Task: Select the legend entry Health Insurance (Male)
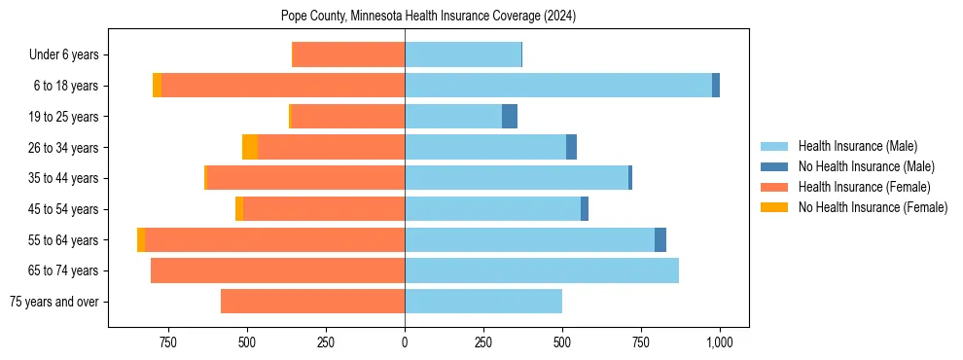[x=857, y=146]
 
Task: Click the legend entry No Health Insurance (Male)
[x=866, y=166]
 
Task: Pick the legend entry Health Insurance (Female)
[x=864, y=187]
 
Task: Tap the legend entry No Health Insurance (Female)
[x=873, y=207]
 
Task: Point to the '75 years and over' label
[x=53, y=302]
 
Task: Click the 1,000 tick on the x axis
[x=720, y=342]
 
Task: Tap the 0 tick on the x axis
[x=405, y=342]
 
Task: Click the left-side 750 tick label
[x=167, y=342]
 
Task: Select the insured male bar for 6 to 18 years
[x=558, y=86]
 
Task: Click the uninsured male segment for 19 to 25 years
[x=510, y=117]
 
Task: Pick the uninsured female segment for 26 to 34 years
[x=250, y=147]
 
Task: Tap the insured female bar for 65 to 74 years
[x=277, y=270]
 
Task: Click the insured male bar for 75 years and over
[x=483, y=302]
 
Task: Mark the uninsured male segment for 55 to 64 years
[x=660, y=239]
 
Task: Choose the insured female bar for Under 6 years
[x=348, y=55]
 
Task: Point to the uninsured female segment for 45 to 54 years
[x=239, y=209]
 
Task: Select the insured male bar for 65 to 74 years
[x=542, y=270]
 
